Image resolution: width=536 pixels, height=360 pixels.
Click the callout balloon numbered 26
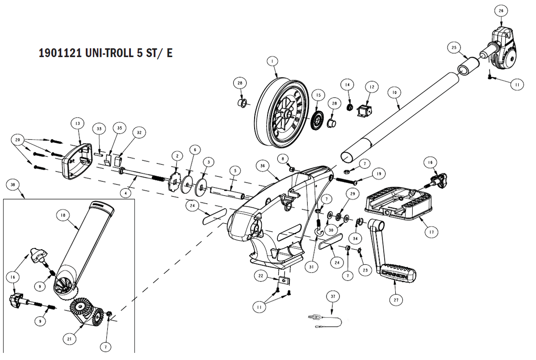[501, 11]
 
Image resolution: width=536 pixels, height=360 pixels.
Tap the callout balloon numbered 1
[272, 62]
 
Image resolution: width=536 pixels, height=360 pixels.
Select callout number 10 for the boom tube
[394, 92]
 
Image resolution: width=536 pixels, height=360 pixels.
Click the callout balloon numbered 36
[263, 166]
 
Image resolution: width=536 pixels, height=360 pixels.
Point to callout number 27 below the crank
[396, 300]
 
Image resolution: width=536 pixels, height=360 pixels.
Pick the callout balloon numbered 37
[333, 297]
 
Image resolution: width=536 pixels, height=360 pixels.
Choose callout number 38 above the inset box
[13, 184]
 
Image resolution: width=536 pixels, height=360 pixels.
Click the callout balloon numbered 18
[63, 215]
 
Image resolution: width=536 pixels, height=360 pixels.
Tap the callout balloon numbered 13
[78, 123]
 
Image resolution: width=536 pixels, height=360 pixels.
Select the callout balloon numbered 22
[260, 276]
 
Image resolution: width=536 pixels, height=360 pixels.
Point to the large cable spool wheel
[281, 113]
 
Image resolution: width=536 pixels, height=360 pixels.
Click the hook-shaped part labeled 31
[318, 226]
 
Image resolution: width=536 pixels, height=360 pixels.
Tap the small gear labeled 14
[350, 106]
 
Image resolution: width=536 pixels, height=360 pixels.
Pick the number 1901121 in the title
[60, 53]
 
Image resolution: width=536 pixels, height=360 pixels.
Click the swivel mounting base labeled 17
[398, 203]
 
